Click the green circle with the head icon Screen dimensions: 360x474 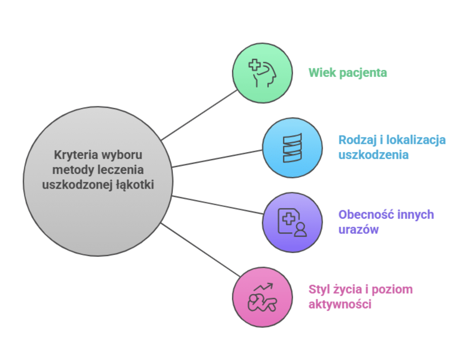(262, 73)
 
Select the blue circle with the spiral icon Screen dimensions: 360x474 (292, 148)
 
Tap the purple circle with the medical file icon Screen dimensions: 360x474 (292, 222)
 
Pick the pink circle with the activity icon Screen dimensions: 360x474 (262, 297)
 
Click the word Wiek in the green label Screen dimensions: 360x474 (322, 73)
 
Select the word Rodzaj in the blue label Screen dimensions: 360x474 (358, 140)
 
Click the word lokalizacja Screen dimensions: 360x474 (416, 140)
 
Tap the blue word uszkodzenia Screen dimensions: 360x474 (373, 155)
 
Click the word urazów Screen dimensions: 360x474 (358, 230)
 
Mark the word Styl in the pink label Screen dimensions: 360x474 (319, 290)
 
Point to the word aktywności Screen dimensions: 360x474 (340, 304)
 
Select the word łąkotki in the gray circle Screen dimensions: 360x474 (135, 185)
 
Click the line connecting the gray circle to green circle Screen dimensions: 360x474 (199, 115)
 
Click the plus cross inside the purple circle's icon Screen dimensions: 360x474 (289, 219)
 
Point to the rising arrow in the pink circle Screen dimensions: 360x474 (264, 287)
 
